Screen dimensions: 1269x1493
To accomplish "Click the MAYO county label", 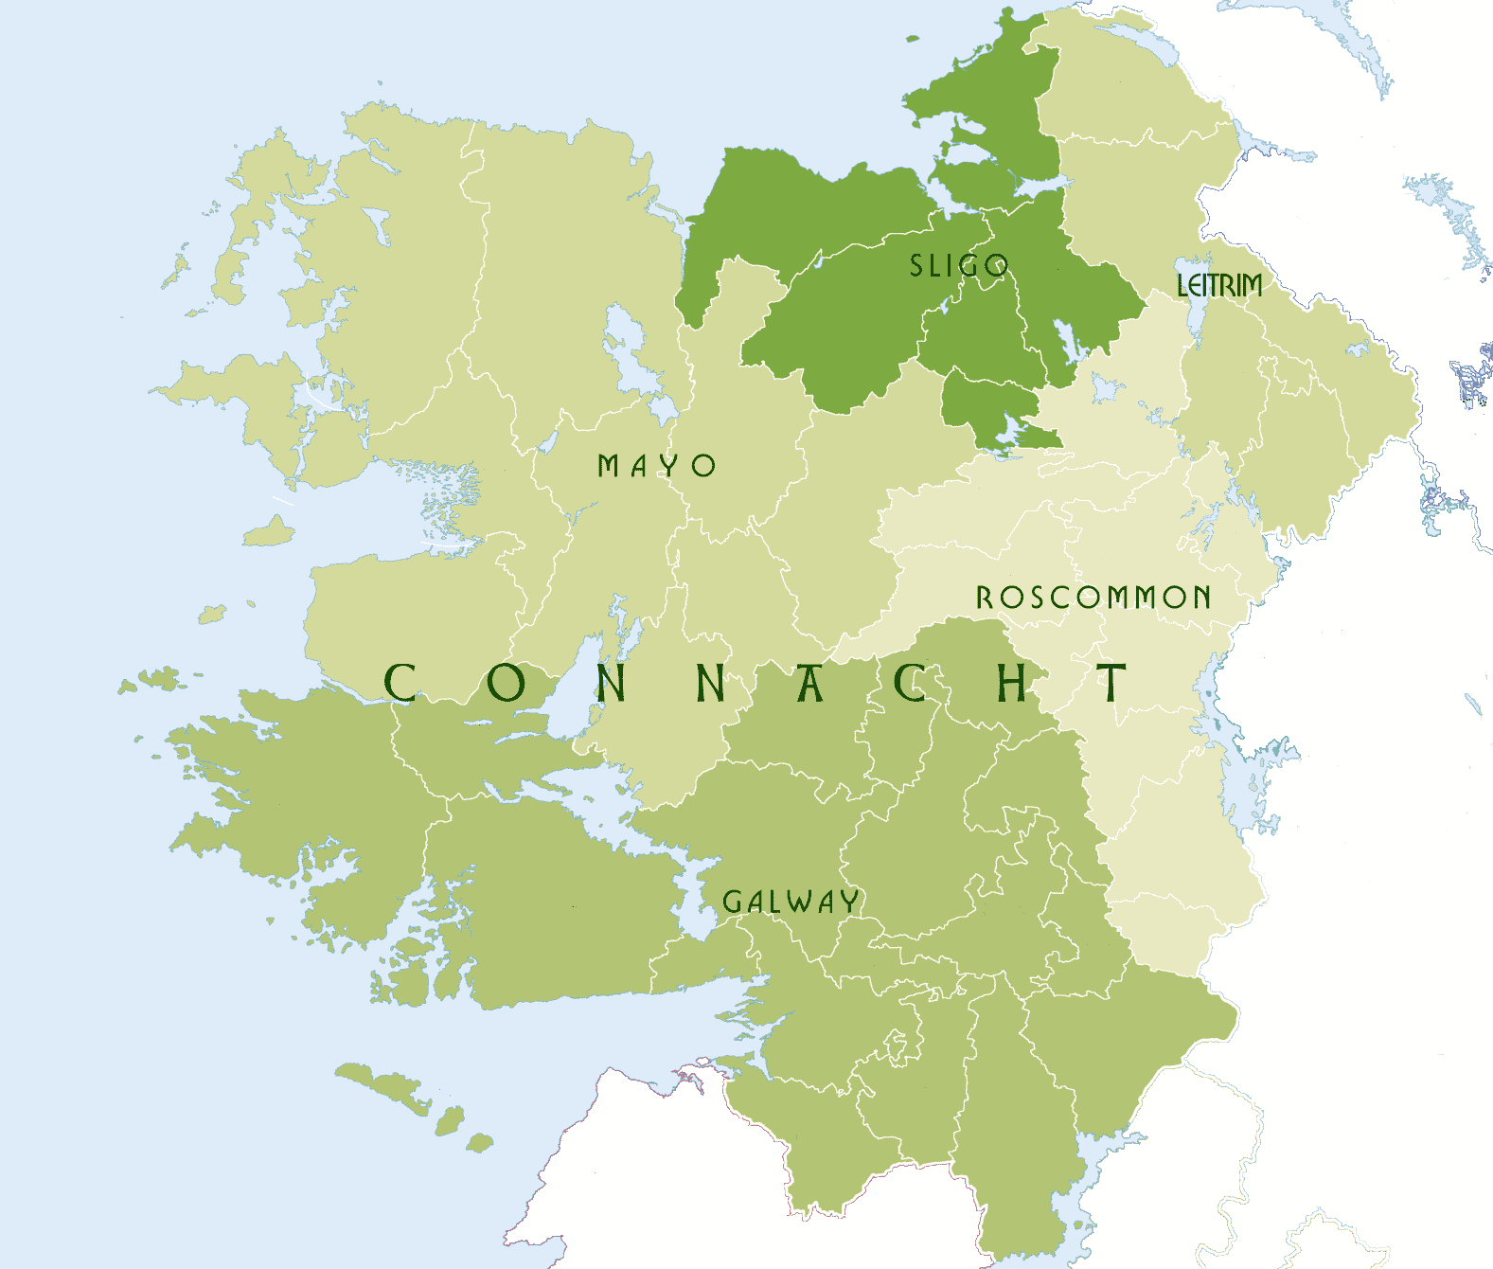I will coord(656,466).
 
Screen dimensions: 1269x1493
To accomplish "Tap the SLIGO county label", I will coord(958,266).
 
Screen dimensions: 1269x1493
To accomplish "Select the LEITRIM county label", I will coord(1219,285).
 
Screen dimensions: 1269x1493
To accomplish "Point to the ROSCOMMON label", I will coord(1093,598).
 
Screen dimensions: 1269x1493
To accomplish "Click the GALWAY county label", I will coord(791,902).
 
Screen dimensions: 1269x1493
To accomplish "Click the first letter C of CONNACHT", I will coord(400,683).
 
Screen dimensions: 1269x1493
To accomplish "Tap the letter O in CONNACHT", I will coord(507,683).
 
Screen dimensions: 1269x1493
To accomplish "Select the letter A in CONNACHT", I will coord(809,683).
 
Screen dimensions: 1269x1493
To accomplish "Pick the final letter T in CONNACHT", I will coord(1111,683).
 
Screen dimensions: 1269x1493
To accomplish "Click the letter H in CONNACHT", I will coord(1012,683).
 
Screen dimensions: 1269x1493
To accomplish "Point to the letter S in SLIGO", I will coord(915,266).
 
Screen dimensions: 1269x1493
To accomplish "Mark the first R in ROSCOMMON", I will coord(985,598).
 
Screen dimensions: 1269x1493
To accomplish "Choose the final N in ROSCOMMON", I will coord(1201,598).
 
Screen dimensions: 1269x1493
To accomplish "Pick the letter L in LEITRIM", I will coord(1182,285).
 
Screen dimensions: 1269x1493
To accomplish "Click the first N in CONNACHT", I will coord(612,683).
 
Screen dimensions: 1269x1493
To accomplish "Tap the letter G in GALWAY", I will coord(732,902).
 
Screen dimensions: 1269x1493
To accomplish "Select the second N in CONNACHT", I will coord(711,683).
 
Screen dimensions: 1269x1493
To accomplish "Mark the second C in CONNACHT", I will coord(911,683).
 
